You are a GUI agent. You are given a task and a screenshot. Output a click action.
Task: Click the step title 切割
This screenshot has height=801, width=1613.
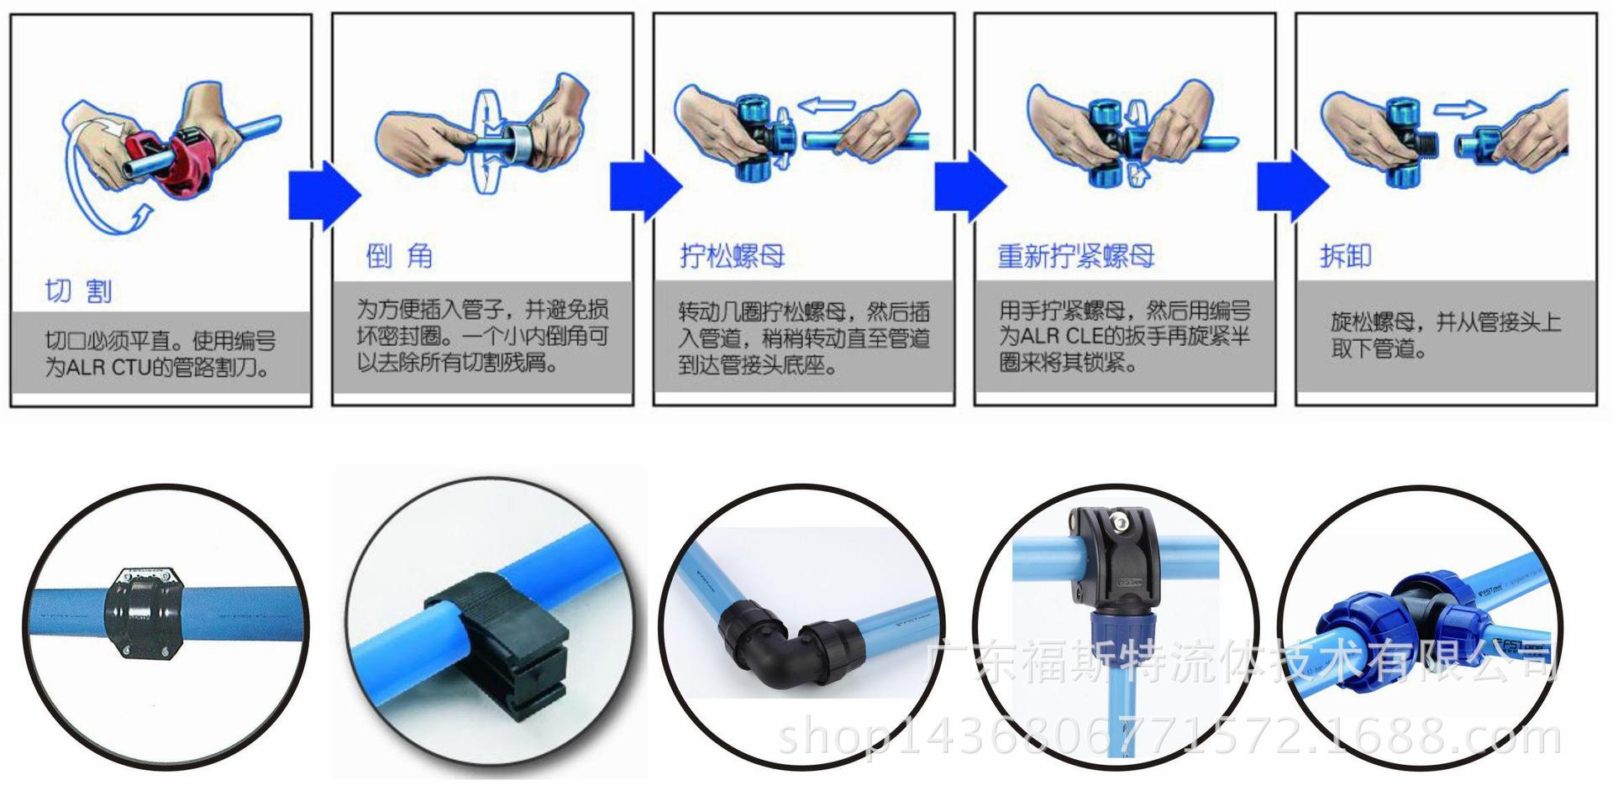point(78,291)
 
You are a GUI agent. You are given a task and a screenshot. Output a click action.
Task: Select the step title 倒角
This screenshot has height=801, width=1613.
point(399,256)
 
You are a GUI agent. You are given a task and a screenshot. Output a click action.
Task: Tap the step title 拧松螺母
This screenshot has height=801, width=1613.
point(732,255)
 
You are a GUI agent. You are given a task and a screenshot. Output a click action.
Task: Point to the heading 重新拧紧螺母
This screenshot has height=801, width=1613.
point(1075,255)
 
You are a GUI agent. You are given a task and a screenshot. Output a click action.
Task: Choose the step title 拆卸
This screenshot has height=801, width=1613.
point(1346,255)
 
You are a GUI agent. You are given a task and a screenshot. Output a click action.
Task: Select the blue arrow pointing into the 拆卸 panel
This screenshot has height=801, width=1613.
point(1293,186)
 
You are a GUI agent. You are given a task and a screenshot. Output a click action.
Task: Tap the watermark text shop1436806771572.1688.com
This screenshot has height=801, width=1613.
point(1169,736)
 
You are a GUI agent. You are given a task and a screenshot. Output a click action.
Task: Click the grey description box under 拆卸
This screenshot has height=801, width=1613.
point(1446,336)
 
